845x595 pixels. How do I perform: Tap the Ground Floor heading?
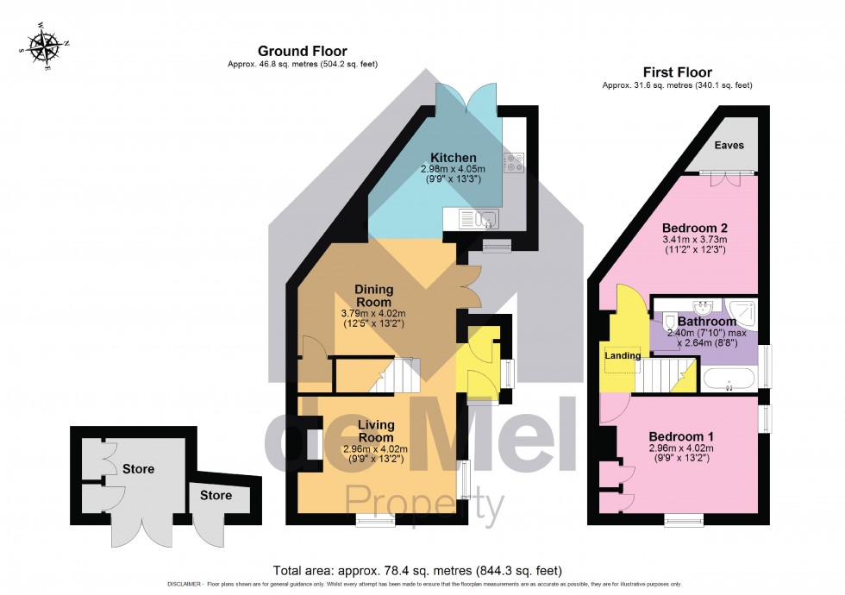tap(303, 52)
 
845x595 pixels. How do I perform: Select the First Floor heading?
tap(677, 72)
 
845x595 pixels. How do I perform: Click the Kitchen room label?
tap(454, 158)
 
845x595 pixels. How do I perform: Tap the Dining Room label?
tap(372, 296)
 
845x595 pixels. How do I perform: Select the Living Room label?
tap(376, 430)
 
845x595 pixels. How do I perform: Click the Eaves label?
tap(729, 146)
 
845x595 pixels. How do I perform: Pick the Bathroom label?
tap(706, 322)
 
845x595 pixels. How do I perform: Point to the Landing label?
tap(622, 355)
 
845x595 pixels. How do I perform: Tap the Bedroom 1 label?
tap(681, 436)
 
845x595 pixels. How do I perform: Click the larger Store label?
tap(138, 469)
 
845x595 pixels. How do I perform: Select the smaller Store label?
tap(216, 496)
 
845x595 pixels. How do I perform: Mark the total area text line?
tap(417, 570)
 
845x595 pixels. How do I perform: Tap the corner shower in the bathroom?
tap(741, 311)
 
